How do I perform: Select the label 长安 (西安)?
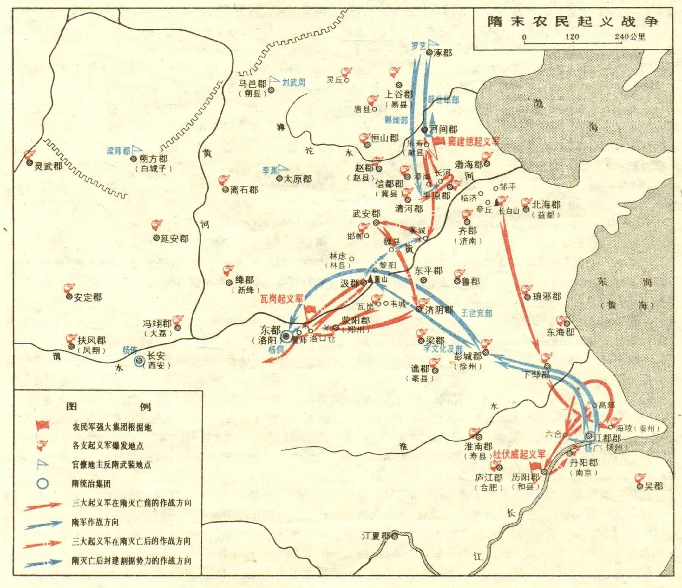156,360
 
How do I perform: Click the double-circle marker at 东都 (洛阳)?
286,336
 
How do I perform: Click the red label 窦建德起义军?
473,141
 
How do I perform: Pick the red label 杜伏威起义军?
518,454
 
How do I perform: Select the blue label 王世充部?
476,313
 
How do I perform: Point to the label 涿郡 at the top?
443,53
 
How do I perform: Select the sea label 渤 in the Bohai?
538,103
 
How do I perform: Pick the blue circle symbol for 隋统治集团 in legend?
44,483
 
